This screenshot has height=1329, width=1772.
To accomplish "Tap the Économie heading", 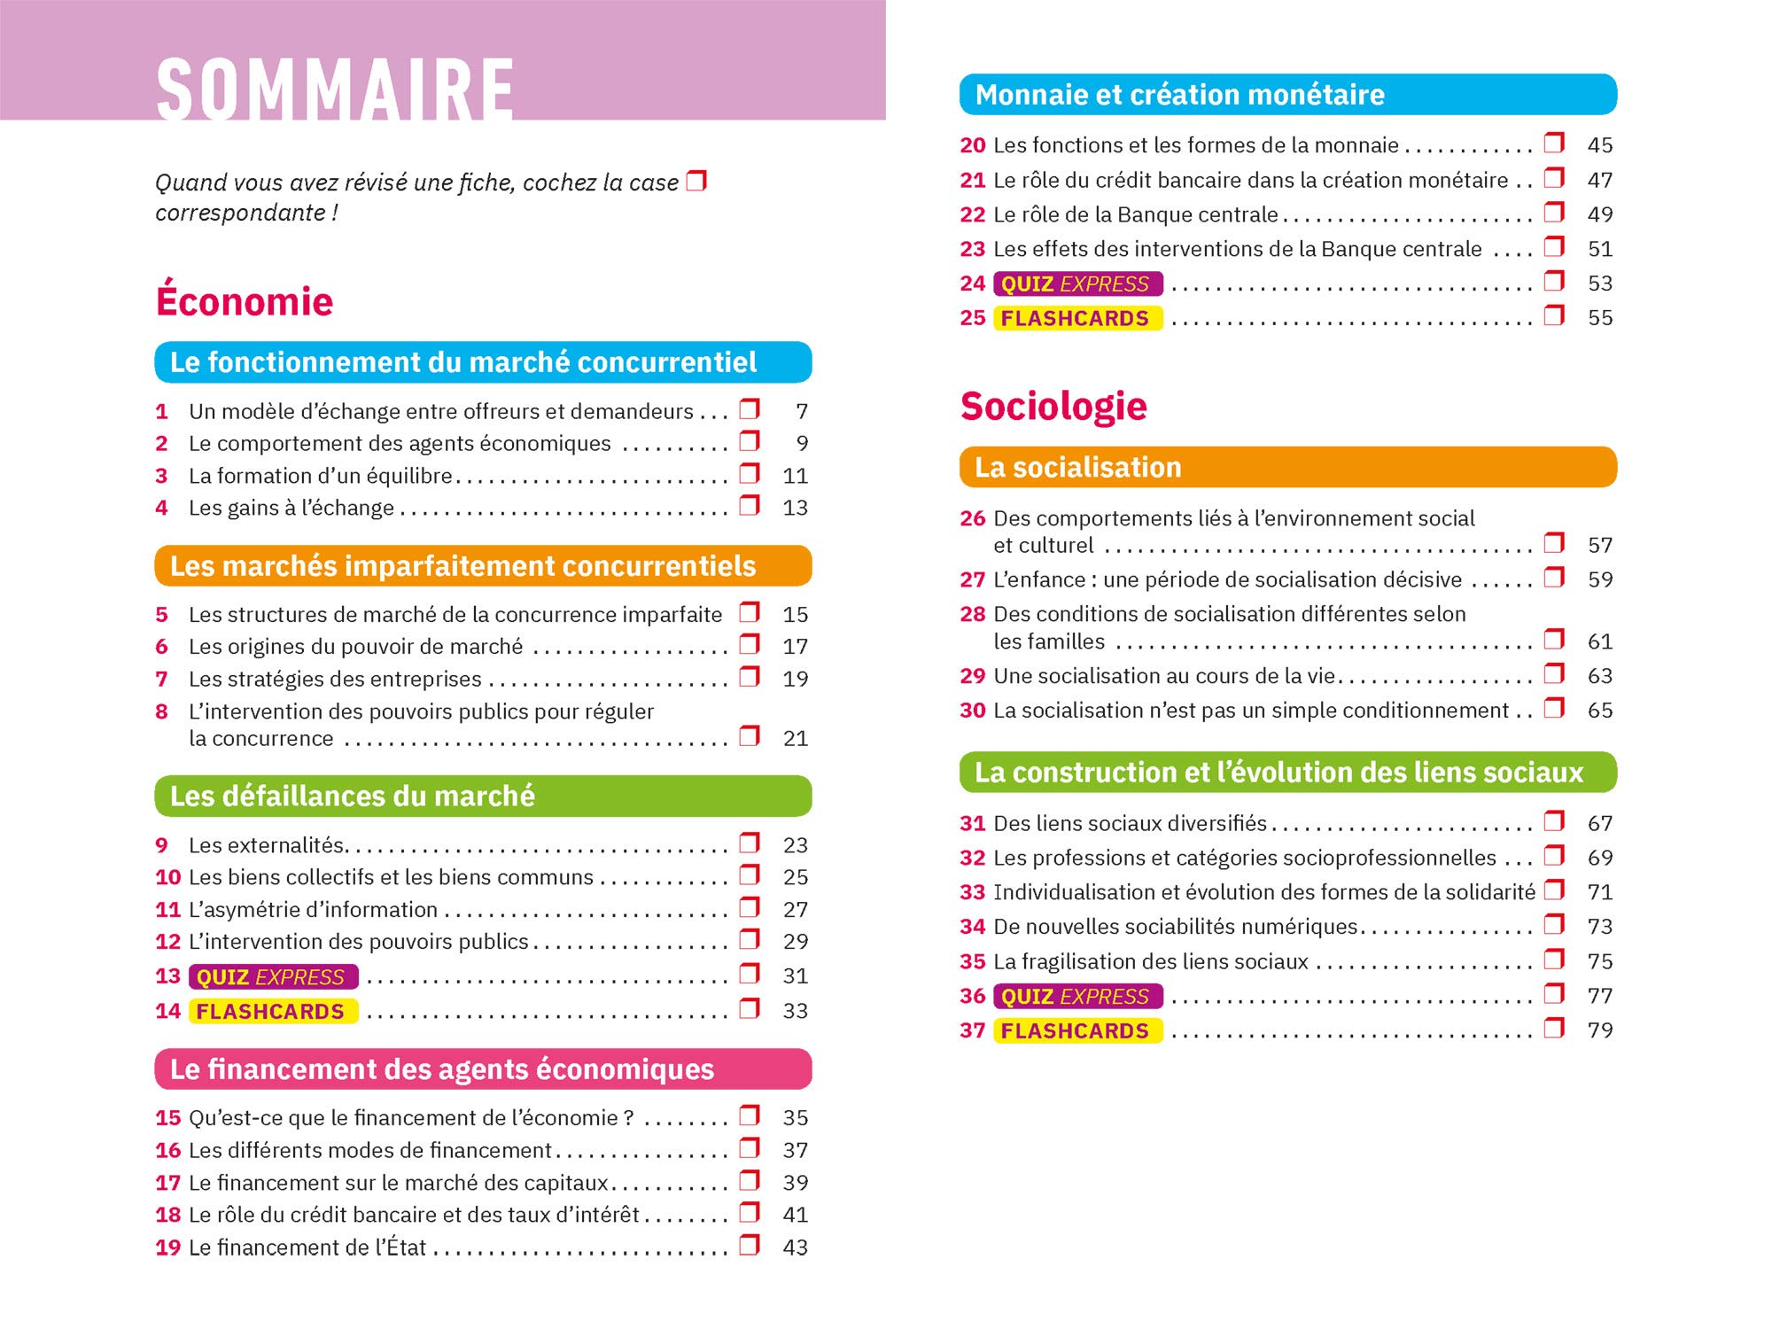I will (245, 301).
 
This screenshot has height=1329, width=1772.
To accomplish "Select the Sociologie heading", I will (1053, 407).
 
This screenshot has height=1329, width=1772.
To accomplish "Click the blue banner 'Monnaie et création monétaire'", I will (1287, 95).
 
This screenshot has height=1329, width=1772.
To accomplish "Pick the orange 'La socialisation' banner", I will (1287, 467).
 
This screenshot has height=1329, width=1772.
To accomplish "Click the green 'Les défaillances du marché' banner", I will (483, 796).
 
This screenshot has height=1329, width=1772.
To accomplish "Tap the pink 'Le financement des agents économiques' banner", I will (483, 1069).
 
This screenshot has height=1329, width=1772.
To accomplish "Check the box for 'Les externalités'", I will (750, 842).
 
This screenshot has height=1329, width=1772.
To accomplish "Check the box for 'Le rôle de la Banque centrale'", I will (1554, 212).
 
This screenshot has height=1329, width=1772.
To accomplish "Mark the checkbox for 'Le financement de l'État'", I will (750, 1244).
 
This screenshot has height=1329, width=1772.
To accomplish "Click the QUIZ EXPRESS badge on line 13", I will (273, 976).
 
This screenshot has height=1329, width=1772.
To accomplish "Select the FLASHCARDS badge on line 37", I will (1077, 1030).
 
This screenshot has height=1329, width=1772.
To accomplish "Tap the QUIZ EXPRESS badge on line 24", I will (1077, 284).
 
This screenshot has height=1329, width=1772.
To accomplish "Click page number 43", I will (795, 1247).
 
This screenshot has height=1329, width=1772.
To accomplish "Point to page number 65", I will (1599, 711).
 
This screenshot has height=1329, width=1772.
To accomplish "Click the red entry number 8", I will (161, 711).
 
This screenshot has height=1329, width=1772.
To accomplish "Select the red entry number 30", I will (972, 711).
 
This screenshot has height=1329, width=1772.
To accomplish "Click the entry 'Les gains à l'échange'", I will (291, 508).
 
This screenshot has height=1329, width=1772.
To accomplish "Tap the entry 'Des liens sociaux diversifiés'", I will (1130, 823).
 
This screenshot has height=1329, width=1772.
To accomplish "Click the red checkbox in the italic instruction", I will (696, 181).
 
